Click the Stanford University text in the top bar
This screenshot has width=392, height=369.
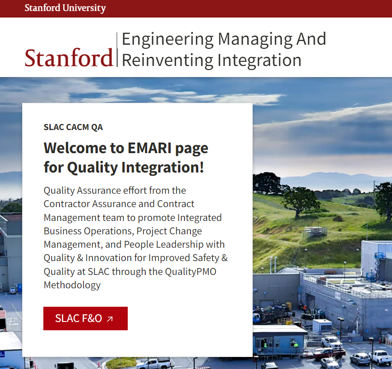65,8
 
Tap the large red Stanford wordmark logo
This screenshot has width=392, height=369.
69,58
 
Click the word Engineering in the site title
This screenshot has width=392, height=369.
167,39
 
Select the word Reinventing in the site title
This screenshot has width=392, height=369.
167,60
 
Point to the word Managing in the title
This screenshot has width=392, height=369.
255,39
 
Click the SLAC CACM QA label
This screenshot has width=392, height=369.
73,127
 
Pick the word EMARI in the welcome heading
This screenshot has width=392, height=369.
149,148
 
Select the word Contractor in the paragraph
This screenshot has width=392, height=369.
67,204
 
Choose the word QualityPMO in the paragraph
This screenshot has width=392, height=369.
190,272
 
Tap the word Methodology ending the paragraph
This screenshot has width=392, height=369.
72,285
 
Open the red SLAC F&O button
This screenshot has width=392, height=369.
85,319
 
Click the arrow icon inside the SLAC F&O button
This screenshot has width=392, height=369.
110,319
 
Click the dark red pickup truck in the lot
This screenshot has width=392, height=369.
329,354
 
